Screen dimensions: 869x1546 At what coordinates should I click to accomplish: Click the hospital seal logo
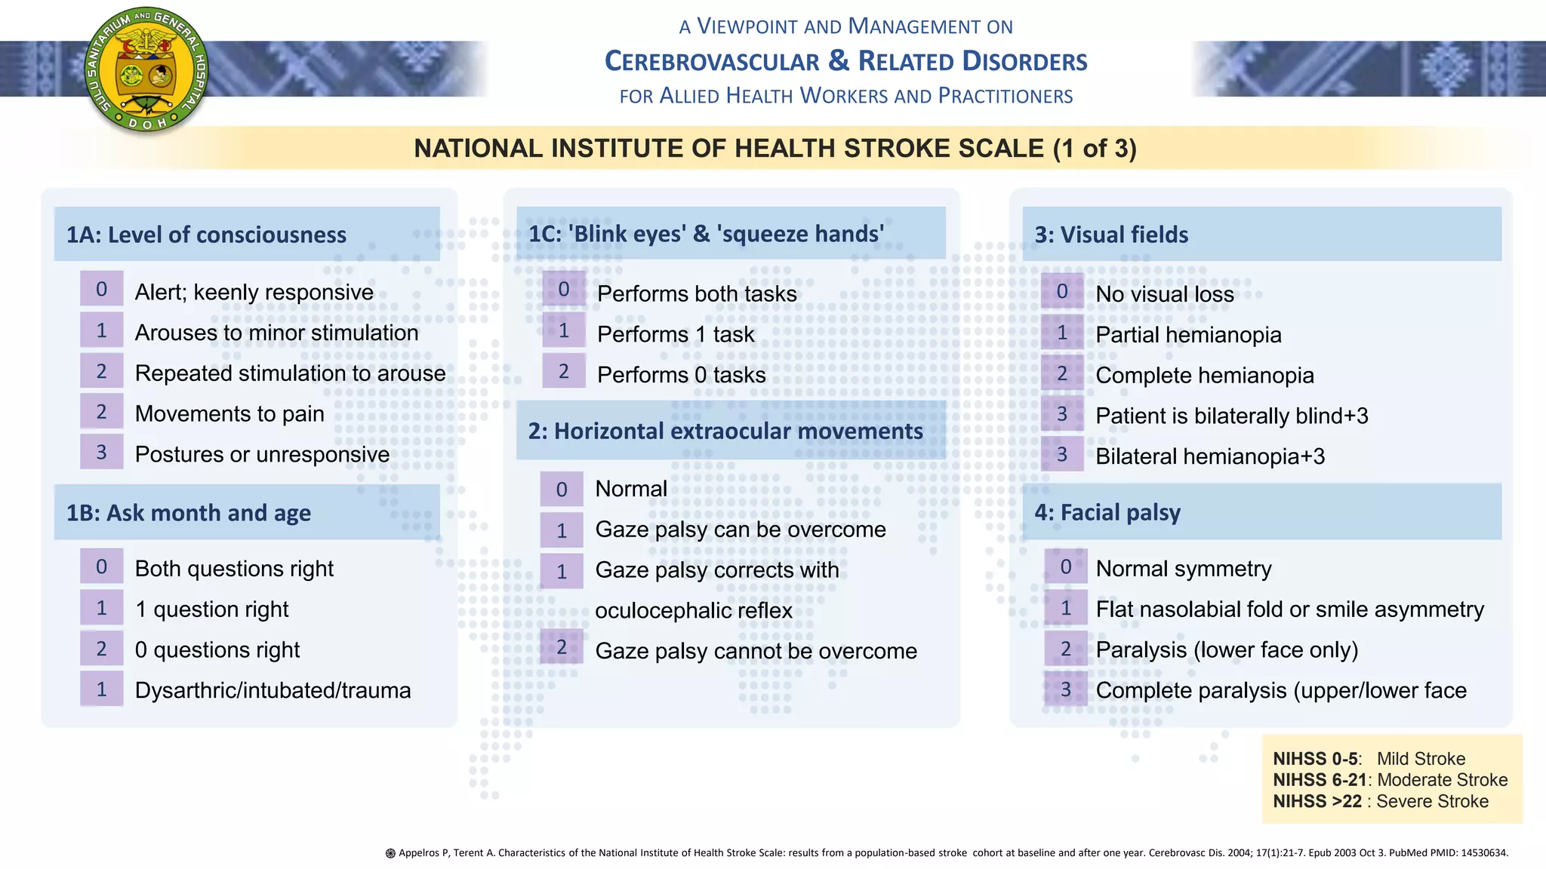tap(146, 69)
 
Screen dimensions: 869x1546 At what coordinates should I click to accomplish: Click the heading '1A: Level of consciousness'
tap(206, 235)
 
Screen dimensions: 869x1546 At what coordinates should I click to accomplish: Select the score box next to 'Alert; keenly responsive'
tap(101, 290)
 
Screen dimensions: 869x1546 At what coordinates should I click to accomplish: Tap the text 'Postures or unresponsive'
tap(262, 454)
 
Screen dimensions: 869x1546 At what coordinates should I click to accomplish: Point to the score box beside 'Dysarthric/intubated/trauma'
tap(101, 689)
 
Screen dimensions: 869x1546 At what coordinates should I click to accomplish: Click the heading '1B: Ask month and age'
tap(189, 513)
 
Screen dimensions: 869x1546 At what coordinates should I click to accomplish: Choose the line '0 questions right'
tap(217, 649)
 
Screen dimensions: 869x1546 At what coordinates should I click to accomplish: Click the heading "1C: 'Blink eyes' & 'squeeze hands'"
tap(706, 234)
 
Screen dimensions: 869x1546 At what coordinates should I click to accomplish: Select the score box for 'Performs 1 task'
tap(563, 331)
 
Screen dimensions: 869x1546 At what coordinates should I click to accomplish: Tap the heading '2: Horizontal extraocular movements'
tap(725, 431)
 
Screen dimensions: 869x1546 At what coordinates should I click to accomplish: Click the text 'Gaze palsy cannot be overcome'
tap(756, 651)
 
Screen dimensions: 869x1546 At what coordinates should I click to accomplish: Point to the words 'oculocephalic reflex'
tap(694, 610)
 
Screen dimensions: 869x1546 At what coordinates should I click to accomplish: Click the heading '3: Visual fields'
tap(1111, 235)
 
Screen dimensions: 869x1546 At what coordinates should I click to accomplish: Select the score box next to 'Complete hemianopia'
tap(1062, 373)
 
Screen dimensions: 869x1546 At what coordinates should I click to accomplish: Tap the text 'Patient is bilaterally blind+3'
tap(1231, 416)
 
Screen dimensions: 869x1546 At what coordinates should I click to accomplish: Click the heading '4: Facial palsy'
tap(1107, 513)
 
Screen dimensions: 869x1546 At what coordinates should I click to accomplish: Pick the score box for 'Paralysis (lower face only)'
tap(1065, 649)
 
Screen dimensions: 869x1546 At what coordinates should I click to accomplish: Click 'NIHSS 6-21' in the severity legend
tap(1320, 780)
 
